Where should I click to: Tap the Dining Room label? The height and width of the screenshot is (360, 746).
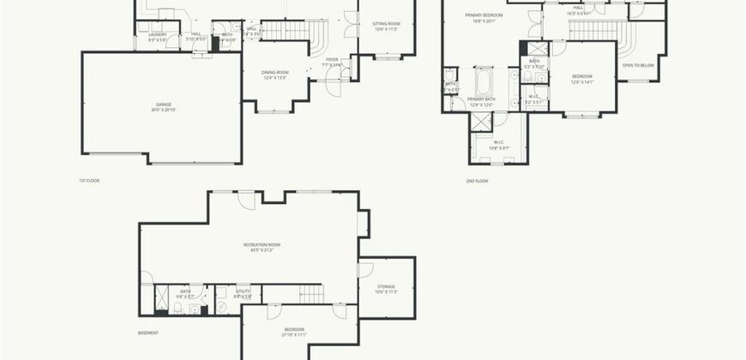pyautogui.click(x=274, y=75)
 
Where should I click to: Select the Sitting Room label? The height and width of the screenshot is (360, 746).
pyautogui.click(x=386, y=26)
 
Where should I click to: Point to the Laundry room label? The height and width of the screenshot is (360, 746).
pyautogui.click(x=156, y=37)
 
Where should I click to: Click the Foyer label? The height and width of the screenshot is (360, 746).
pyautogui.click(x=331, y=62)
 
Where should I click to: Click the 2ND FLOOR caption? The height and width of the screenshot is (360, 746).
pyautogui.click(x=476, y=181)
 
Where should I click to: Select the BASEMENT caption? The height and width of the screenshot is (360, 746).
pyautogui.click(x=147, y=332)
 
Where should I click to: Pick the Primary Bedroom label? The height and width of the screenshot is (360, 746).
pyautogui.click(x=484, y=17)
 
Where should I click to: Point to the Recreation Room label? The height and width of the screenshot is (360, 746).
pyautogui.click(x=262, y=247)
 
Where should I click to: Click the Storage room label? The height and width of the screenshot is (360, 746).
pyautogui.click(x=386, y=288)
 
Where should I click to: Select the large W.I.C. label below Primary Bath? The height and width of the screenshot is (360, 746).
pyautogui.click(x=499, y=146)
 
